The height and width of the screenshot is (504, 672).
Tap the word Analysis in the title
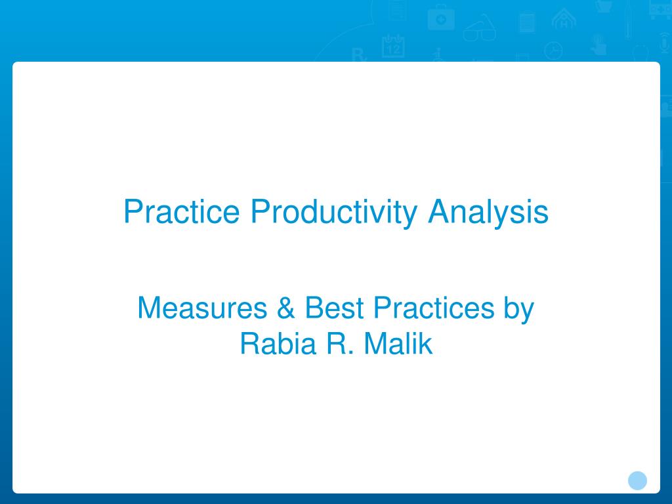[488, 212]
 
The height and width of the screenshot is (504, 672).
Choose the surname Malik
[398, 344]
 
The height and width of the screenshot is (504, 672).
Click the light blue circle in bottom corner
[637, 480]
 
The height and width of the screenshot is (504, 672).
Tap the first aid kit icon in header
[440, 18]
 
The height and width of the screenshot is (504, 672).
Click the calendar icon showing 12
[393, 46]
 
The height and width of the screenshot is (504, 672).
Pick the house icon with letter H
[563, 18]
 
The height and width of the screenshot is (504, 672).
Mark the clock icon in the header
[554, 51]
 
